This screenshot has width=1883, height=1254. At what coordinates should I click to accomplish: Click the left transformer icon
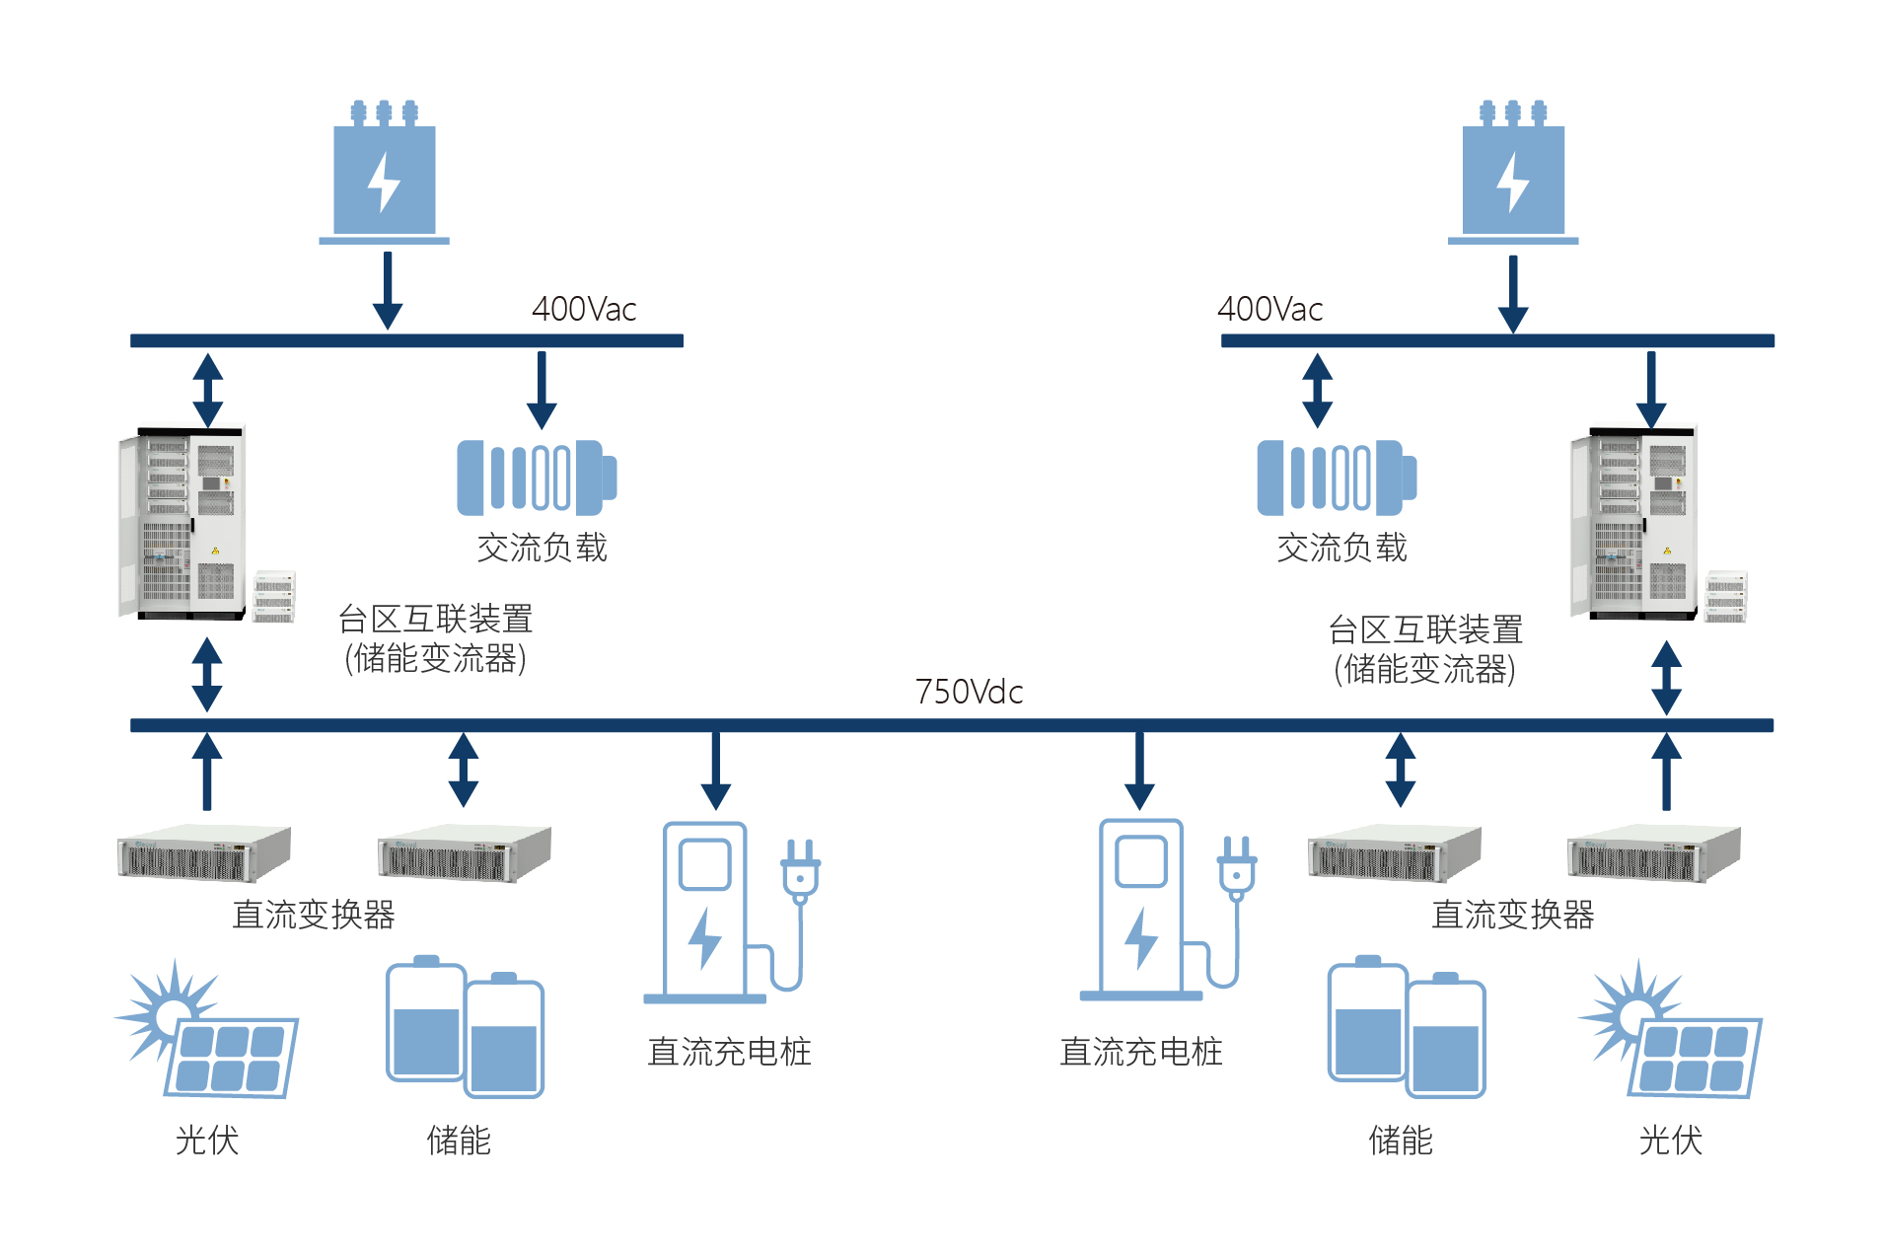(384, 172)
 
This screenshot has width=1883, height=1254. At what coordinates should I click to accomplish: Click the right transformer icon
(1512, 172)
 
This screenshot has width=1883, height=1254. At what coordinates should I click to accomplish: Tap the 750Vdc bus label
(969, 692)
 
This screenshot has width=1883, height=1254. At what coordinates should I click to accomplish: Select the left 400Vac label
(584, 309)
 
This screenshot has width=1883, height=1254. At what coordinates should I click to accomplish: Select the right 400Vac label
(1269, 309)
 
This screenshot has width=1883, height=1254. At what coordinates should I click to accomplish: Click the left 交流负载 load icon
(537, 478)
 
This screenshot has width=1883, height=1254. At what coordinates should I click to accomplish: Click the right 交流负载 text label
(1341, 548)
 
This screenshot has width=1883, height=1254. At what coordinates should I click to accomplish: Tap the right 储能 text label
(1400, 1141)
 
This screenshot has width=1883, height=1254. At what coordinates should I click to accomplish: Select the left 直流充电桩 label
(729, 1052)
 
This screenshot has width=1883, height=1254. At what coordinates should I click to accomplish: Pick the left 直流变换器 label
(314, 915)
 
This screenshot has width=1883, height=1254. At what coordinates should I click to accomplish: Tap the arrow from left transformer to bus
(388, 290)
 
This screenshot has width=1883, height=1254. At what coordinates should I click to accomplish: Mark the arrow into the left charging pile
(716, 771)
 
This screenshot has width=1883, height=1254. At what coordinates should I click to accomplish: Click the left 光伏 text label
(207, 1141)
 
